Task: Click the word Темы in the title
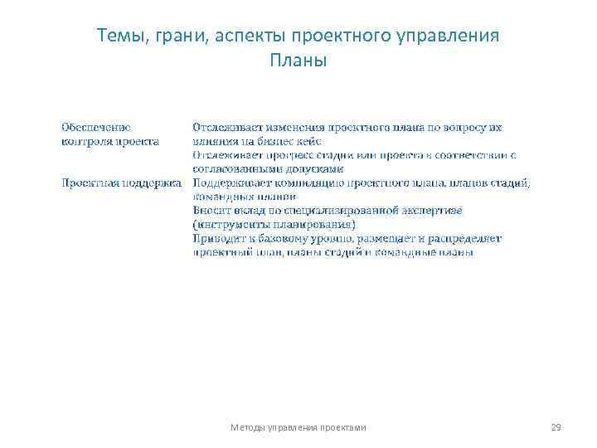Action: pos(118,37)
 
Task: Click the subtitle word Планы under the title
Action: pos(298,61)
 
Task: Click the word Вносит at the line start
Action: pos(211,211)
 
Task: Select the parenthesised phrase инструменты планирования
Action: pos(274,224)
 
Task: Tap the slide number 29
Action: pos(556,427)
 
